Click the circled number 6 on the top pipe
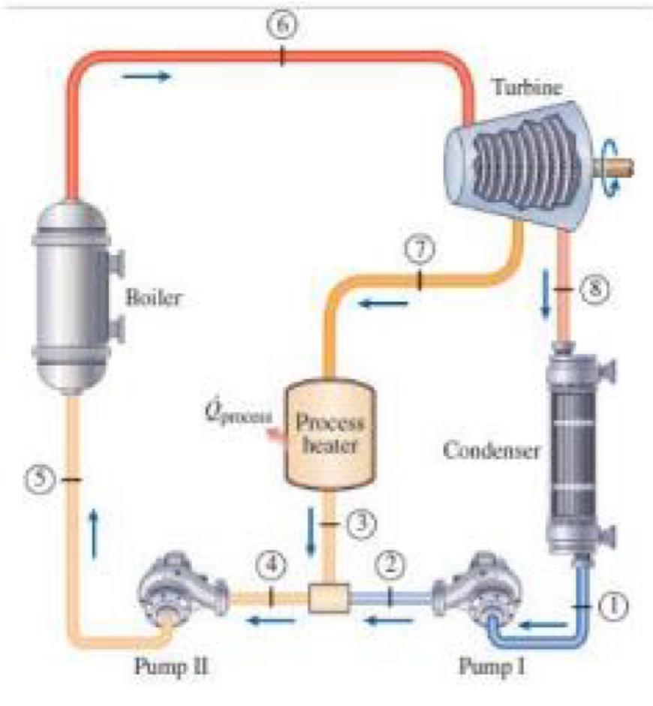point(281,24)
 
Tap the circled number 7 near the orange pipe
point(418,249)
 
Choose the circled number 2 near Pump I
point(390,566)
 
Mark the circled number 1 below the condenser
point(614,606)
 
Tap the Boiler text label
point(154,297)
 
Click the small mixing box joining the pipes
point(329,598)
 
